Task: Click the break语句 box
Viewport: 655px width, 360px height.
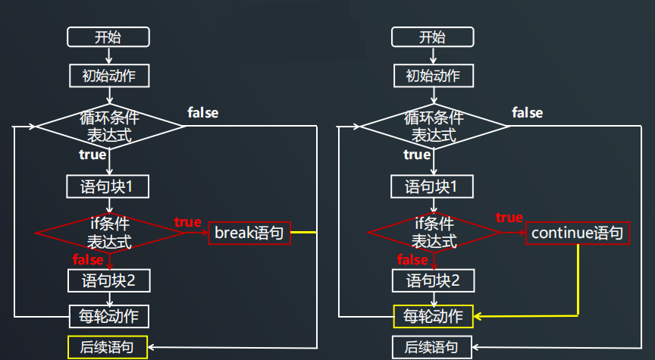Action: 249,233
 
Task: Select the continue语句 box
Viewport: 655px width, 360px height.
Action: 577,233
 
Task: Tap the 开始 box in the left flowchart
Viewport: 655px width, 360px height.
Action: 108,37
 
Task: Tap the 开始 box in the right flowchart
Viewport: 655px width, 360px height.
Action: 432,37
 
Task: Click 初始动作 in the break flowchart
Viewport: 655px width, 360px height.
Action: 108,76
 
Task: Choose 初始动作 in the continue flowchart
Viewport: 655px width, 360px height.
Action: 433,76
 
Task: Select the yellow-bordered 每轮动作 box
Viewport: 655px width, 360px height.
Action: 433,316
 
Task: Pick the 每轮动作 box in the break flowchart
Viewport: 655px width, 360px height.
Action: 108,316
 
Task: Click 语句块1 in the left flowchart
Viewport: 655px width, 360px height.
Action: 108,186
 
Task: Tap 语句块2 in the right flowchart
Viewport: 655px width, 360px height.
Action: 433,281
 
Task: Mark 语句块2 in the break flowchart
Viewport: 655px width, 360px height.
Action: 108,281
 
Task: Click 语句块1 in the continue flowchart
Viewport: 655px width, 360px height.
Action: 433,186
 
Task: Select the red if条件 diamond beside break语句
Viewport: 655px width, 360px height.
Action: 110,233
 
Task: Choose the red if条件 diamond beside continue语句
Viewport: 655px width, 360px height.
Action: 434,233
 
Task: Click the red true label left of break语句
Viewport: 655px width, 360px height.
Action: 188,222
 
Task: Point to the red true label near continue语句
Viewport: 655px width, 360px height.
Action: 509,218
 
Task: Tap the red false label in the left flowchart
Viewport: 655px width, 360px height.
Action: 88,260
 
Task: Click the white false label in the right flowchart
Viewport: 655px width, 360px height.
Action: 528,113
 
